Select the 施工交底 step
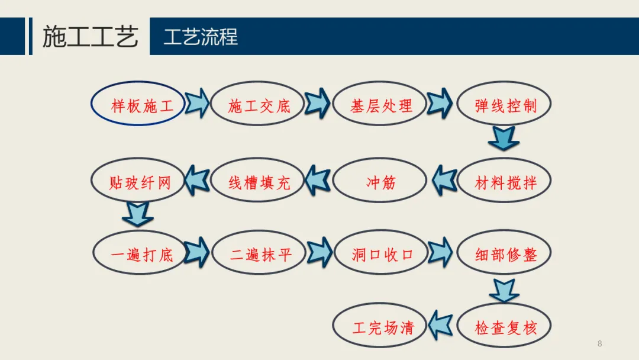(x=259, y=105)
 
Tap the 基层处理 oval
(x=380, y=105)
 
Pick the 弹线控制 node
(x=505, y=105)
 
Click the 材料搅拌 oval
(x=505, y=181)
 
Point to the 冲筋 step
(x=380, y=181)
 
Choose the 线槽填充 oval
(x=259, y=181)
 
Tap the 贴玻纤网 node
(x=138, y=181)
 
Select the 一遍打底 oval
(x=140, y=255)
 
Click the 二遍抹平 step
(x=260, y=255)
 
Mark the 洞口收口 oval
(x=382, y=255)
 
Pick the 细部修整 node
(x=505, y=255)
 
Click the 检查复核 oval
(x=505, y=327)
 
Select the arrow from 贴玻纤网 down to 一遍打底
(x=139, y=214)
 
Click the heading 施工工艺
(x=90, y=37)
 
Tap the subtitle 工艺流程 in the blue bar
(x=201, y=37)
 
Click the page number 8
(x=599, y=343)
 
